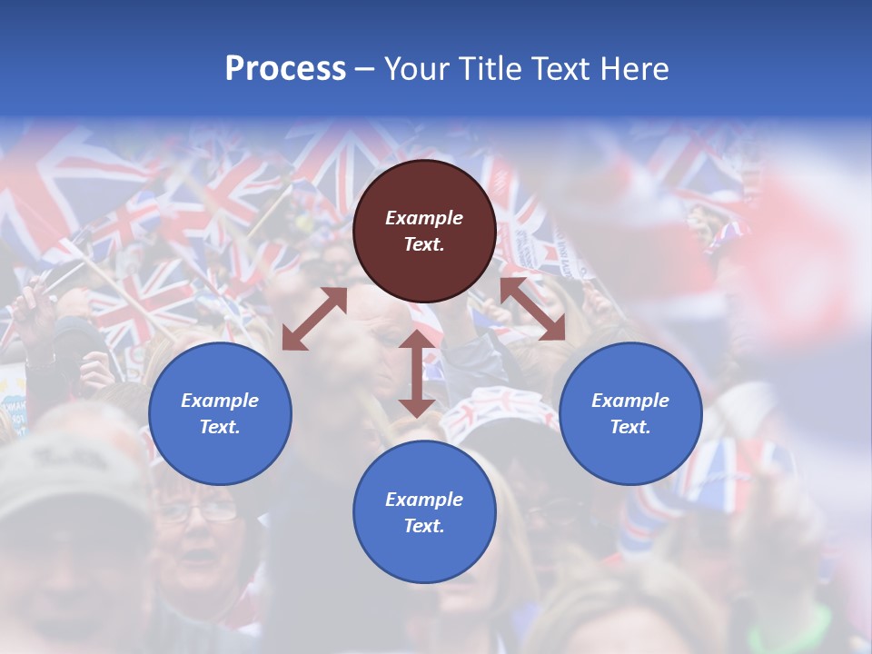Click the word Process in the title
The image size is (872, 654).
click(285, 69)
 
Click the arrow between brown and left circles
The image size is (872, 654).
click(314, 319)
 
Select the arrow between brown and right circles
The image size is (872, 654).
click(532, 309)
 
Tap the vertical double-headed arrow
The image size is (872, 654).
click(416, 373)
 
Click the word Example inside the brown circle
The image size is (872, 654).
click(424, 218)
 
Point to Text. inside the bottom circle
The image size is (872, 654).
click(424, 526)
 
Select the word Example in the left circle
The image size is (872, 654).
click(220, 401)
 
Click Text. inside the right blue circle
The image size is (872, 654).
click(630, 427)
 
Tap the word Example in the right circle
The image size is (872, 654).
click(630, 401)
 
